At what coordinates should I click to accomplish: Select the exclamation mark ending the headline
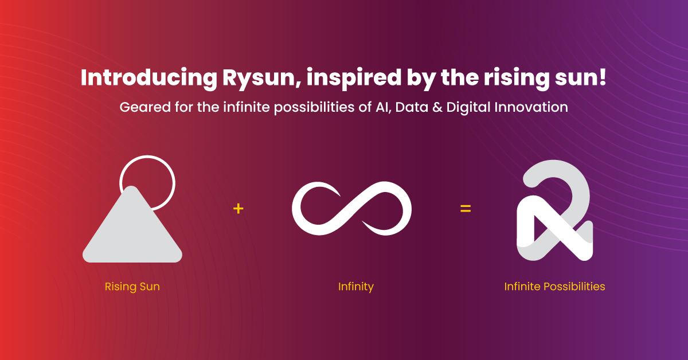[603, 76]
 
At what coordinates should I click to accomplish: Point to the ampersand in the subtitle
[437, 107]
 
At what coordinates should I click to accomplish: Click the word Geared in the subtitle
[145, 107]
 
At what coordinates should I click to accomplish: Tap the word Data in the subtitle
[412, 107]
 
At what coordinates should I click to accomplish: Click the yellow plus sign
[239, 209]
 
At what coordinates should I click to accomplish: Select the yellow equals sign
[466, 209]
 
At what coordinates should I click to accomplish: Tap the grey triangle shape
[132, 230]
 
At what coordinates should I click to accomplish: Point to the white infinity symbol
[351, 209]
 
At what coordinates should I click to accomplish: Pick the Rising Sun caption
[132, 287]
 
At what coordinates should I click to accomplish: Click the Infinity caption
[355, 287]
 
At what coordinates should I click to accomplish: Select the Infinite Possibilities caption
[555, 287]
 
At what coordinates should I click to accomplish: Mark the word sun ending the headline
[576, 79]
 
